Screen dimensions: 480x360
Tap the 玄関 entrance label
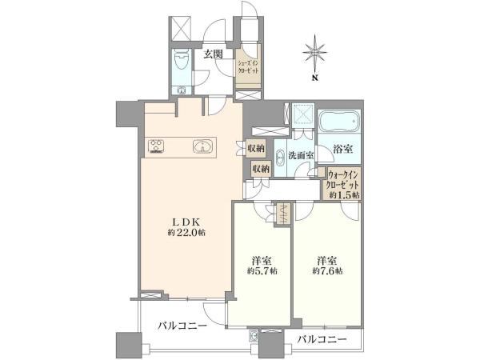(x=214, y=54)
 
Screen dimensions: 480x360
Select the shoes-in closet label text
(x=248, y=66)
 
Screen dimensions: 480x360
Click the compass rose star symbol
(x=314, y=52)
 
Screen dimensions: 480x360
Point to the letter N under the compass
(x=314, y=78)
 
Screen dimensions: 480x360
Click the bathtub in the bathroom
(x=339, y=122)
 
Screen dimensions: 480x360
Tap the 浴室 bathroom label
(x=342, y=149)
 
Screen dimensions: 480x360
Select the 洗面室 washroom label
(x=302, y=155)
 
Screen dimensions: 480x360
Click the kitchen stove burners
(x=156, y=146)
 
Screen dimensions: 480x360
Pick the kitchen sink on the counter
(x=202, y=146)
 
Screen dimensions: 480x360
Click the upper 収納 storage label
(x=256, y=149)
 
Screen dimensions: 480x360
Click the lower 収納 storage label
(x=261, y=168)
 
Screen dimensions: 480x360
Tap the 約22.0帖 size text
(x=186, y=233)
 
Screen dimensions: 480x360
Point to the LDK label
(x=186, y=222)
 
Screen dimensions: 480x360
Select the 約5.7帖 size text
(x=262, y=271)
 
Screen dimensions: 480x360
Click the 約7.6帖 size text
(x=327, y=271)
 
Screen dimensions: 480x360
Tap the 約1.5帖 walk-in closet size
(x=344, y=195)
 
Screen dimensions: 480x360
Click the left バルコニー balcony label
(x=182, y=326)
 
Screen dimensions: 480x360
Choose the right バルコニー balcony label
(x=322, y=339)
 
